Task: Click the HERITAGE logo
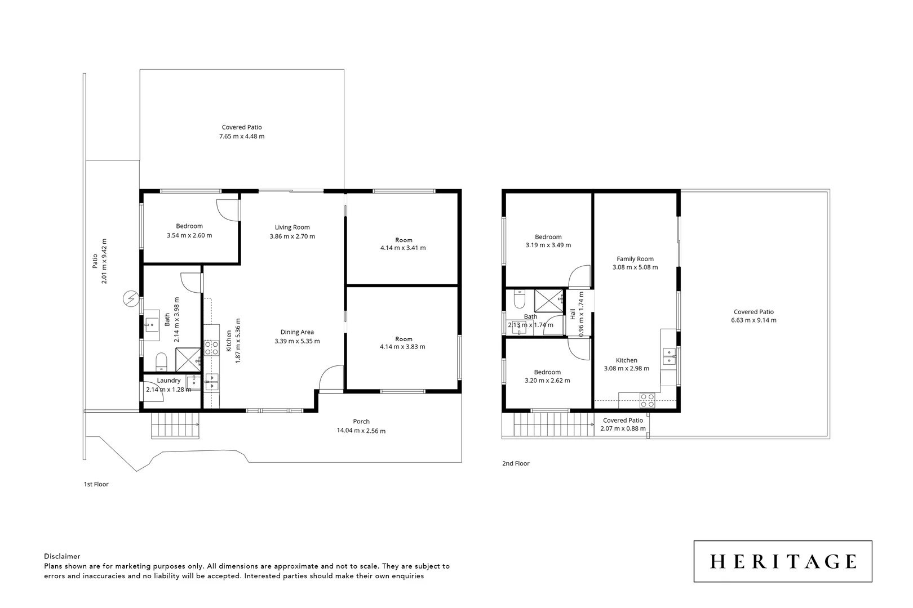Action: coord(783,561)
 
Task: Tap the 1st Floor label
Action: coord(96,484)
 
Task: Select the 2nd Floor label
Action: coord(516,463)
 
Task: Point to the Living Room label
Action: coord(292,227)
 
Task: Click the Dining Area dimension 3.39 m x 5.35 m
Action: coord(297,341)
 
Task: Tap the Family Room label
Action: coord(635,258)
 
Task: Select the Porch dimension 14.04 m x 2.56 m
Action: coord(361,431)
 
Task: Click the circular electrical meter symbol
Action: coord(131,299)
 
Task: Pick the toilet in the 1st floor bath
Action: coord(161,361)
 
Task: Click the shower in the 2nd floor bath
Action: coord(549,301)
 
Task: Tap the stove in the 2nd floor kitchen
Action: coord(647,400)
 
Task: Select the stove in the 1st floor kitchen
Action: coord(211,348)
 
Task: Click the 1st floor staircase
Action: coord(175,426)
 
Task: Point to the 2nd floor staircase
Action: coord(553,424)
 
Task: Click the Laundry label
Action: coord(169,381)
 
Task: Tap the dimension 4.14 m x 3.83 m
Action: coord(403,347)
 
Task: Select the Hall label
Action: coord(573,314)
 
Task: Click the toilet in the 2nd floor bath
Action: coord(520,299)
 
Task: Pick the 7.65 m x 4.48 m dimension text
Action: coord(242,136)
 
